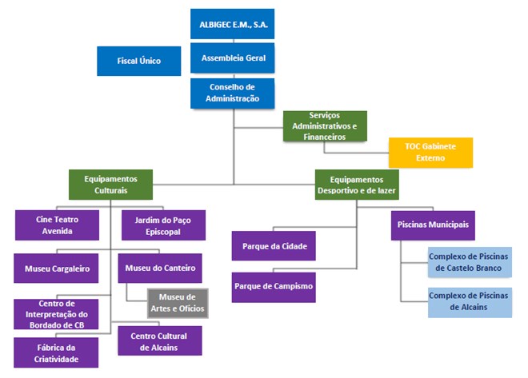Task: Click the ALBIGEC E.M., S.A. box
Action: tap(234, 24)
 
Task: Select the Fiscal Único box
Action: tap(139, 61)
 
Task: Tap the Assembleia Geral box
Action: tap(234, 58)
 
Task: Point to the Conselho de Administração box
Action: tap(234, 93)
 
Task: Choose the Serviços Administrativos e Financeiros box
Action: tap(325, 126)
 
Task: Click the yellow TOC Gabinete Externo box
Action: tap(430, 153)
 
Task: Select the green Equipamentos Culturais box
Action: tap(110, 185)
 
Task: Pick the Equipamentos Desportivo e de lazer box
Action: tap(356, 185)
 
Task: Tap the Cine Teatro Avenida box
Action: tap(56, 225)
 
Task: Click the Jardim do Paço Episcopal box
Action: tap(163, 225)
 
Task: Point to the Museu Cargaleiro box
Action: tap(56, 269)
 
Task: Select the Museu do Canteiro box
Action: tap(159, 268)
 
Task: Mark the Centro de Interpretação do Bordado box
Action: tap(56, 314)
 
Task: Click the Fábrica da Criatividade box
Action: tap(56, 352)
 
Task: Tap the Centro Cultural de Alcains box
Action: tap(160, 340)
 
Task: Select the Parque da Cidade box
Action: tap(274, 245)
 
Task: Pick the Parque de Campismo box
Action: tap(274, 286)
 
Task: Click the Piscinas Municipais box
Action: tap(433, 225)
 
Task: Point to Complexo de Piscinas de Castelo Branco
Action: tap(470, 262)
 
